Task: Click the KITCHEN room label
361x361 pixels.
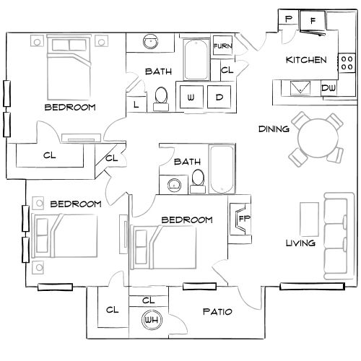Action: coord(307,60)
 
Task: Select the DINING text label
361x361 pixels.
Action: coord(274,129)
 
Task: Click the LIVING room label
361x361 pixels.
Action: coord(300,243)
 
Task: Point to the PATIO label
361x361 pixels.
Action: coord(217,313)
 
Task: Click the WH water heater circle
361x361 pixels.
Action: coord(151,319)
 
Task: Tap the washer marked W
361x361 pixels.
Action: coord(191,97)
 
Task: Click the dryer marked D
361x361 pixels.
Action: coord(219,97)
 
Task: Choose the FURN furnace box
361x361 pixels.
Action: coord(222,47)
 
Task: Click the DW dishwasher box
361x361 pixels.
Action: coord(329,88)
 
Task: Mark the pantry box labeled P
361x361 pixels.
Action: coord(288,19)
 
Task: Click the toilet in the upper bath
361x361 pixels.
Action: coord(161,96)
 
